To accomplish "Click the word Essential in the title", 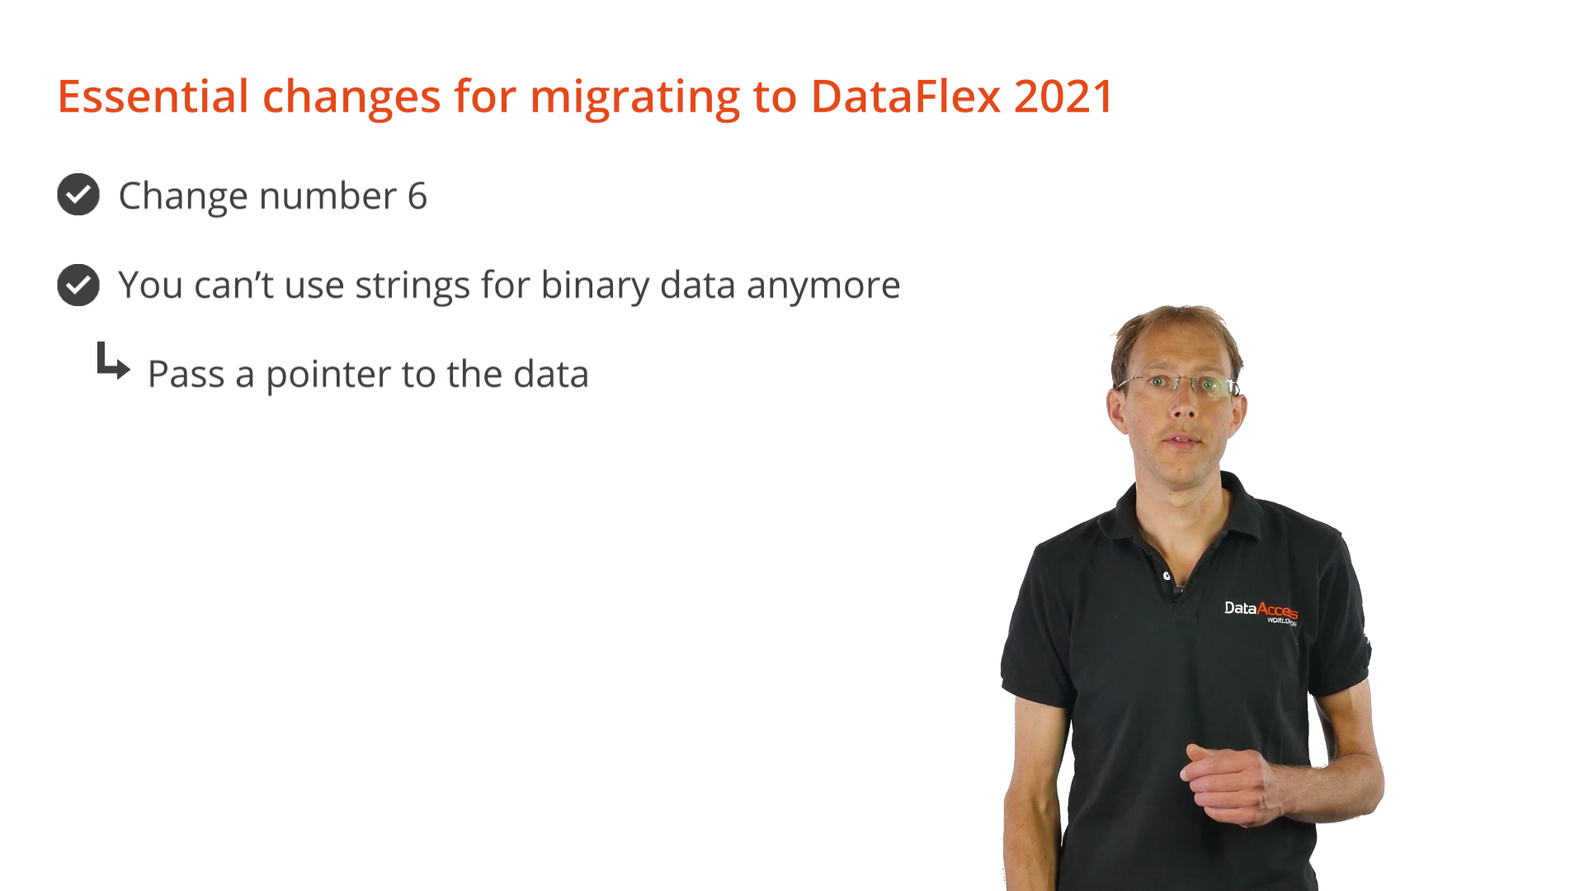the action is (153, 96).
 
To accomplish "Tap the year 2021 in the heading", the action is (1064, 96).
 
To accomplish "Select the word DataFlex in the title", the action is (907, 96).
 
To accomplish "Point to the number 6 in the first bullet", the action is (417, 196).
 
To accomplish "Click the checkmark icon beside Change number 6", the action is (78, 195).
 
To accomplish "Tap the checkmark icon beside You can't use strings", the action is (78, 285).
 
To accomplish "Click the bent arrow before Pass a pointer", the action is (113, 361).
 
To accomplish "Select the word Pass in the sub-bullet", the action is (186, 375).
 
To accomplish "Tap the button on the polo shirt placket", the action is (1167, 576).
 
